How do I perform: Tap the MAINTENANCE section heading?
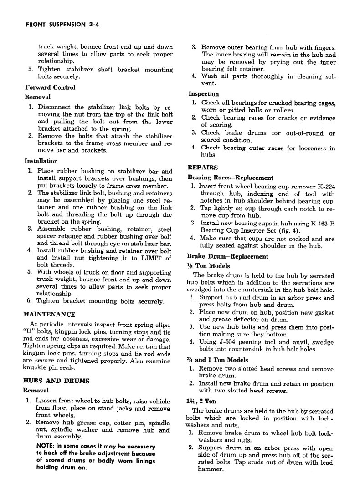pos(49,314)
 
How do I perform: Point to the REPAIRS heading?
pos(203,167)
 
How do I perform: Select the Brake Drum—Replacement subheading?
pos(228,256)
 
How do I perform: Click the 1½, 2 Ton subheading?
pos(201,401)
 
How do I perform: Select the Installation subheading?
pos(41,161)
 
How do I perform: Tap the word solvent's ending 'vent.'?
pos(209,83)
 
